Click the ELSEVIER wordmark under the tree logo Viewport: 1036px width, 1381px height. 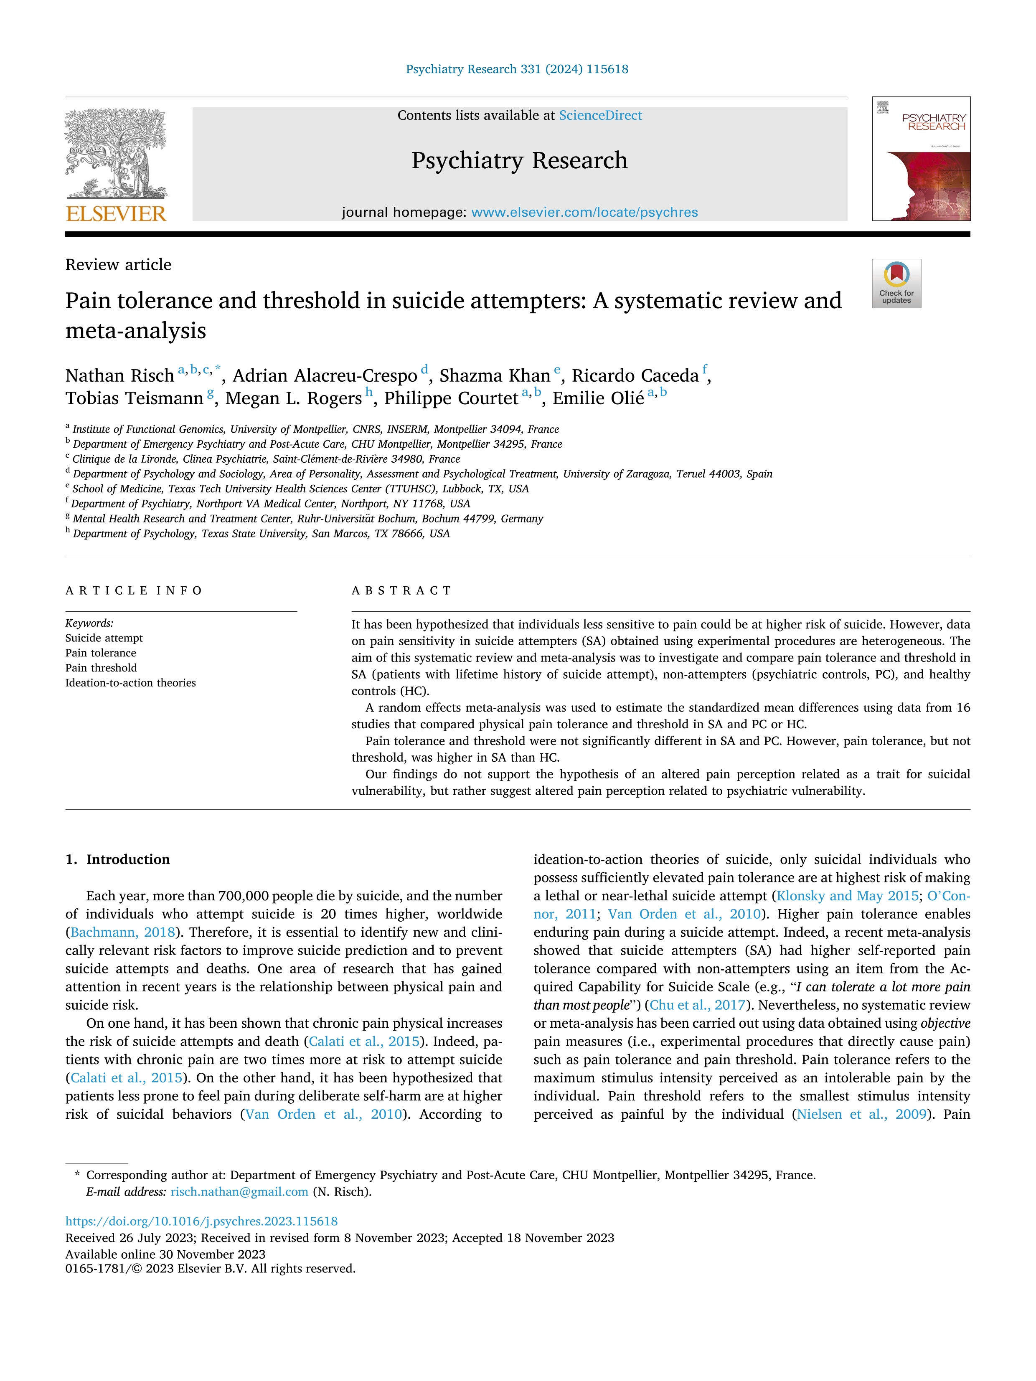click(x=116, y=214)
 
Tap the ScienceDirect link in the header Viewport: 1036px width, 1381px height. click(x=600, y=116)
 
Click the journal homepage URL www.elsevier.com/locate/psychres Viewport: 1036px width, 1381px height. click(x=584, y=212)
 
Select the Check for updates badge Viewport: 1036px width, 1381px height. click(x=896, y=284)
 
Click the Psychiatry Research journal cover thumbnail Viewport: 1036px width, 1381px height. click(x=921, y=159)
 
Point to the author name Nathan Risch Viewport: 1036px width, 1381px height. click(x=120, y=375)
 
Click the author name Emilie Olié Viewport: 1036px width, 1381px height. click(x=598, y=398)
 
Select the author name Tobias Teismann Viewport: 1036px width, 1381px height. click(x=134, y=398)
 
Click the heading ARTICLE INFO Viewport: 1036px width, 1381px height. click(x=134, y=590)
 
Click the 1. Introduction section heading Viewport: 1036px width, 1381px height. click(x=117, y=860)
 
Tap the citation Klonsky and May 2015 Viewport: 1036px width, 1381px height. click(x=847, y=896)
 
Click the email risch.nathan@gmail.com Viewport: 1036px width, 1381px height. click(x=239, y=1192)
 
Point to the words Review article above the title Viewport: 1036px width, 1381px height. click(x=118, y=265)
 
